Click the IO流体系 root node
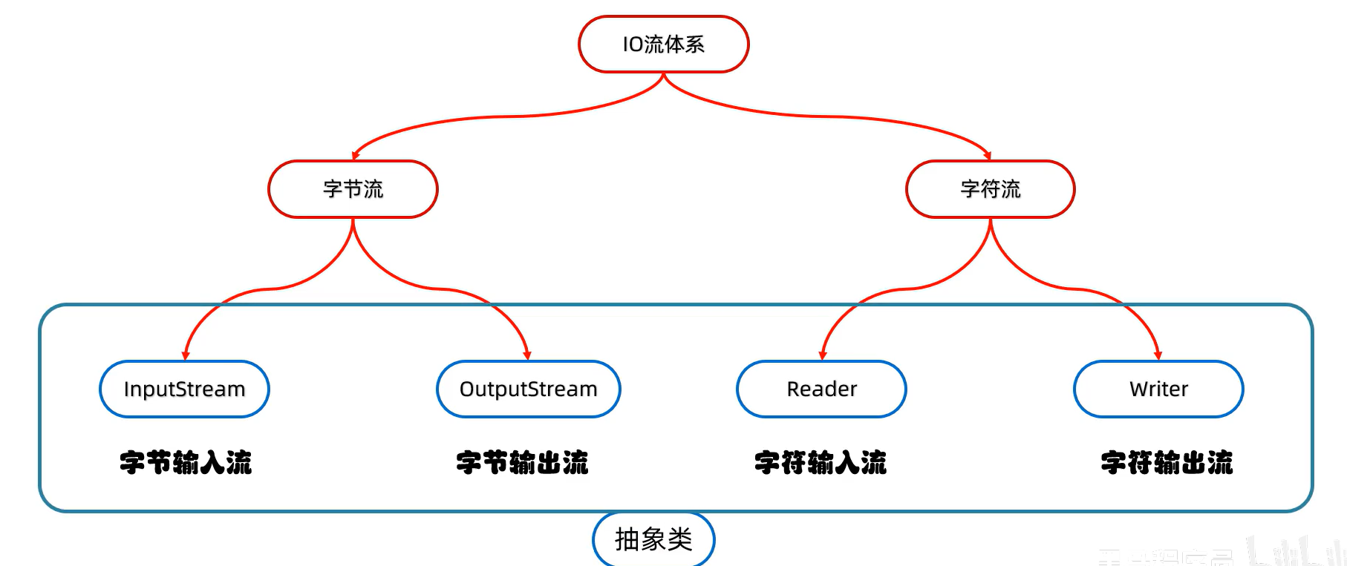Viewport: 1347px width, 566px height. coord(663,45)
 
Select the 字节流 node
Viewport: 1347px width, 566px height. coord(353,189)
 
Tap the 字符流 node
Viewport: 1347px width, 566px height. coord(990,189)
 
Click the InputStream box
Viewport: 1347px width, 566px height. coord(184,389)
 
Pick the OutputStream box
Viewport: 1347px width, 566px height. coord(528,389)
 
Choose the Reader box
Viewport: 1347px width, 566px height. coord(821,389)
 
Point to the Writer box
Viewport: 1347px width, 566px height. coord(1158,389)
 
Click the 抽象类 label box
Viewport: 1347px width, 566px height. coord(653,539)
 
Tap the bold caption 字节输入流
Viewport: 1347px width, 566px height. coord(186,462)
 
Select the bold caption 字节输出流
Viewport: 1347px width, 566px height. coord(522,462)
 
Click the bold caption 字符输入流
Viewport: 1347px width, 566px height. coord(821,462)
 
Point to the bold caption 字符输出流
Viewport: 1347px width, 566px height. coord(1167,462)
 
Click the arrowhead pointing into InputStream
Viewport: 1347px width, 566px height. coord(186,356)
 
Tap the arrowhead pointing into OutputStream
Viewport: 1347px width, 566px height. coord(527,356)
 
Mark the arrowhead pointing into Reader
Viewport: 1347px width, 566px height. coord(822,356)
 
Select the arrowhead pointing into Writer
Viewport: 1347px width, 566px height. coord(1158,356)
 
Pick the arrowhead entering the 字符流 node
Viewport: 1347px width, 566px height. coord(988,156)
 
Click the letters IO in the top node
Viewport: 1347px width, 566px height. coord(633,45)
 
